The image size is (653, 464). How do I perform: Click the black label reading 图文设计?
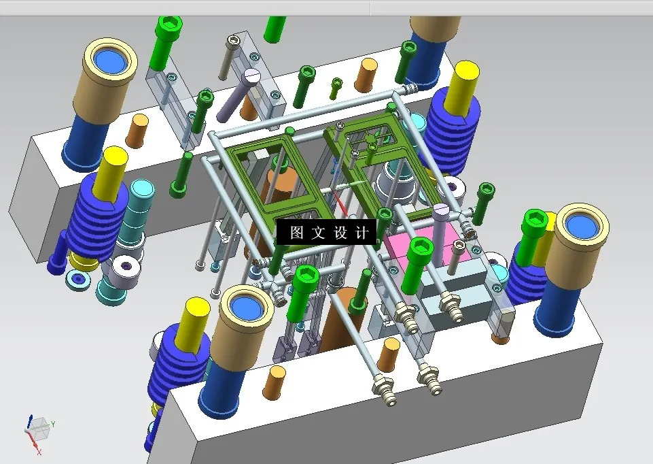point(326,232)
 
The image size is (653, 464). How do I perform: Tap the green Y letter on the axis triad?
point(53,424)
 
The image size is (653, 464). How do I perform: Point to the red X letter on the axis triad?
point(39,452)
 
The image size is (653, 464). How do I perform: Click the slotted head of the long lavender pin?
point(251,76)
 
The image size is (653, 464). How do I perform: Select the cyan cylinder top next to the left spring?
point(142,189)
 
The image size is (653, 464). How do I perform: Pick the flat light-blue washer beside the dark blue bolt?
point(77,279)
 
